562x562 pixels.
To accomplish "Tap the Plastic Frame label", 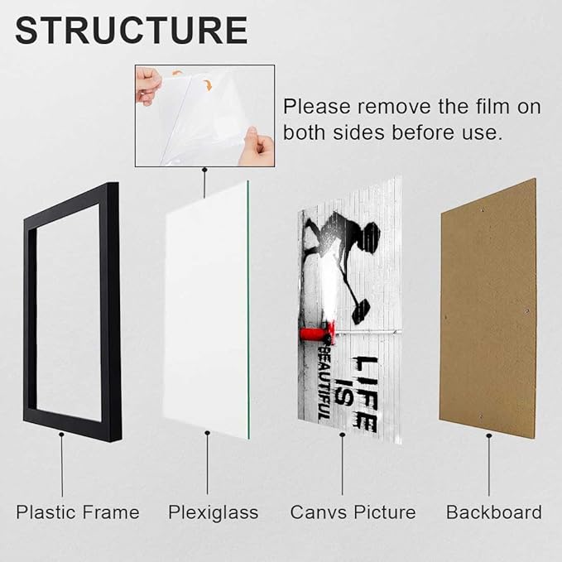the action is pyautogui.click(x=78, y=512).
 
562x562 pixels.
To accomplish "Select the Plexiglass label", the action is pyautogui.click(x=214, y=513).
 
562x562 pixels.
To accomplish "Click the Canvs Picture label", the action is pyautogui.click(x=353, y=512).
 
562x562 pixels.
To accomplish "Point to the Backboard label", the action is pyautogui.click(x=494, y=512).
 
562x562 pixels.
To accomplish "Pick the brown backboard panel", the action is pyautogui.click(x=488, y=308).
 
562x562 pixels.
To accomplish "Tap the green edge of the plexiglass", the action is pyautogui.click(x=248, y=310).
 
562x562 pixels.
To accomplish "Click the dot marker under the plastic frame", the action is pyautogui.click(x=61, y=435).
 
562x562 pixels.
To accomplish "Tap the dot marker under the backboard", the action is pyautogui.click(x=489, y=436).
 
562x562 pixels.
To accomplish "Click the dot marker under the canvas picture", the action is pyautogui.click(x=343, y=435).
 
